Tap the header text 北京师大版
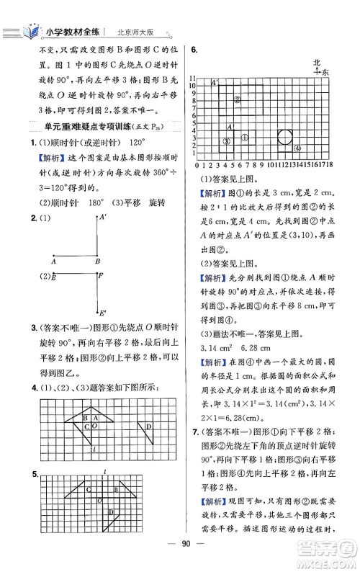click(138, 32)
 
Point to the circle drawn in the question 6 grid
click(284, 137)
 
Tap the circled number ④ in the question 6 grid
click(297, 148)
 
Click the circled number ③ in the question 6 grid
click(226, 142)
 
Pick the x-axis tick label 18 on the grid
click(327, 165)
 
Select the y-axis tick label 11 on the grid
click(192, 77)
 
